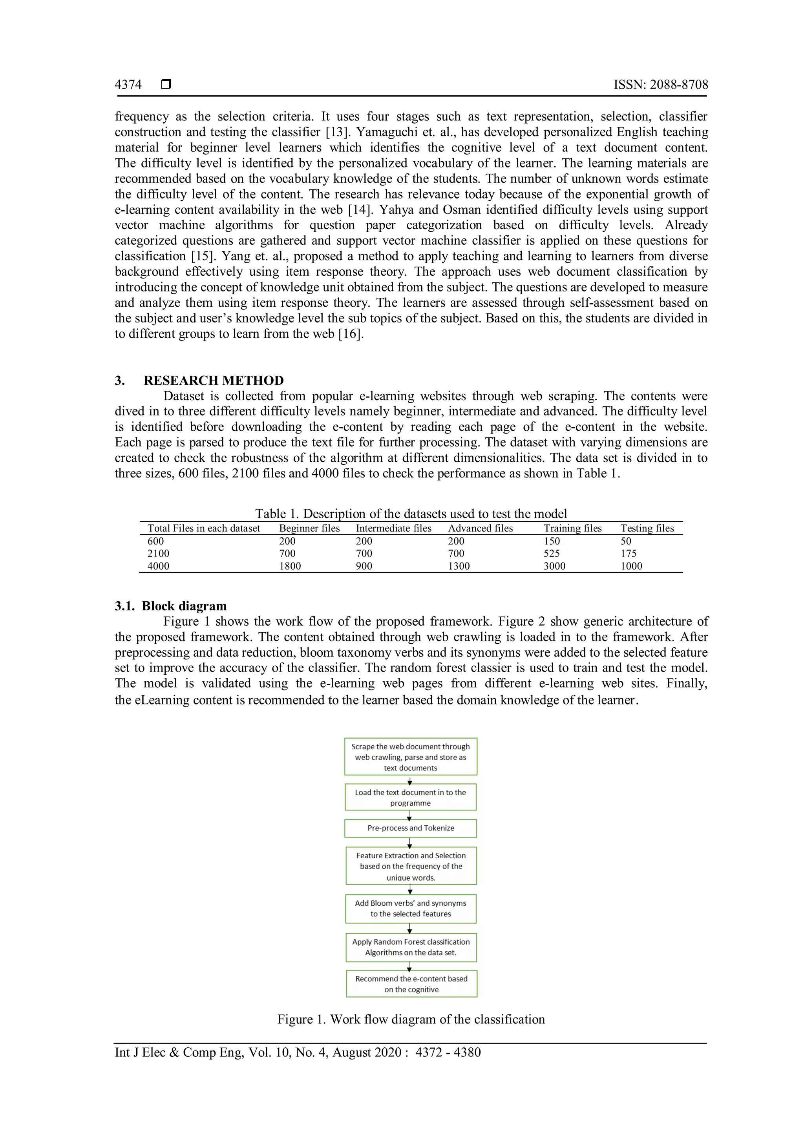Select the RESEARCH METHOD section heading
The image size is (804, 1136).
pos(214,380)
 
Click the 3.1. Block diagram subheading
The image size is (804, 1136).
pos(171,606)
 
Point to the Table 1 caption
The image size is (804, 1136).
pos(411,513)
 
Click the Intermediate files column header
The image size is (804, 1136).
pos(394,528)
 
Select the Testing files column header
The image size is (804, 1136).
pos(647,528)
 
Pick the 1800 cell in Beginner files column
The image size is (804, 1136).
pos(290,566)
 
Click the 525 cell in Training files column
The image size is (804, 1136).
pos(552,553)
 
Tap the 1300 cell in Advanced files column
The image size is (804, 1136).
pos(459,566)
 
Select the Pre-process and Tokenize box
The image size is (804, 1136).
pos(410,828)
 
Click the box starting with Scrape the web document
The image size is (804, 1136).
pos(410,757)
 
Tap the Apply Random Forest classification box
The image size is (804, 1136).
pos(411,947)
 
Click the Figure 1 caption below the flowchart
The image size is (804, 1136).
pos(411,1019)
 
